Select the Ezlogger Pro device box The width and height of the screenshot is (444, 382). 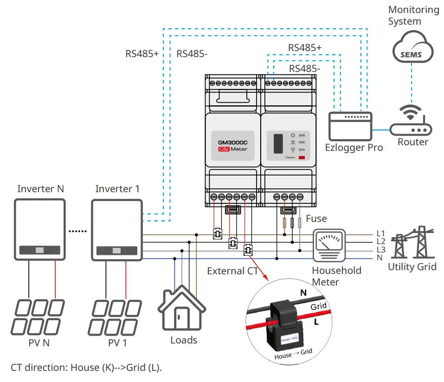point(350,125)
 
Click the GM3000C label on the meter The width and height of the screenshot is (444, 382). point(232,142)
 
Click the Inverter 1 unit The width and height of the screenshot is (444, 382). point(116,230)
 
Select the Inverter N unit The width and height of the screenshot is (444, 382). point(39,230)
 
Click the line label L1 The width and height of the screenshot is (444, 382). point(381,233)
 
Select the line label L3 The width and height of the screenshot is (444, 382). point(381,250)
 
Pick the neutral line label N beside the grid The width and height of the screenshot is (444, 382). point(380,258)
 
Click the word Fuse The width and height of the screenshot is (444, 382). point(316,218)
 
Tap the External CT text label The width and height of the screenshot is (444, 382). point(232,271)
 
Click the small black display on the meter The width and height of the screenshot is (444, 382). point(278,143)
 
